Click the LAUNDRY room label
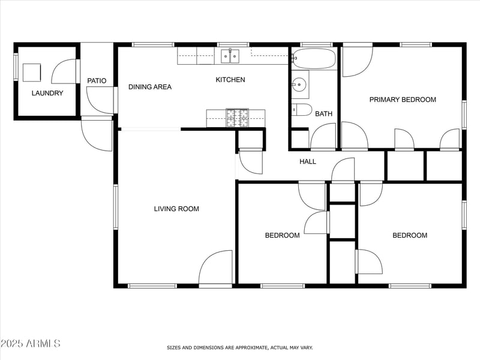(47, 93)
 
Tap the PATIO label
(97, 80)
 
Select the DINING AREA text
(150, 87)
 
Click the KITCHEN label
(230, 80)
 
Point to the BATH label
(323, 113)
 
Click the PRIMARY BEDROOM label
(403, 100)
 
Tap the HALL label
(308, 161)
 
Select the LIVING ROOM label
(176, 209)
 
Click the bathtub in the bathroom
(314, 59)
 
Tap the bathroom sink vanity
(299, 85)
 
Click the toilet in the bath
(301, 110)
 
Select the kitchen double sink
(229, 56)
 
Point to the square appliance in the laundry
(32, 73)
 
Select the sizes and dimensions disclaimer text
(239, 347)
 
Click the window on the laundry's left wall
(16, 66)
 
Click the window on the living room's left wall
(116, 207)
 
